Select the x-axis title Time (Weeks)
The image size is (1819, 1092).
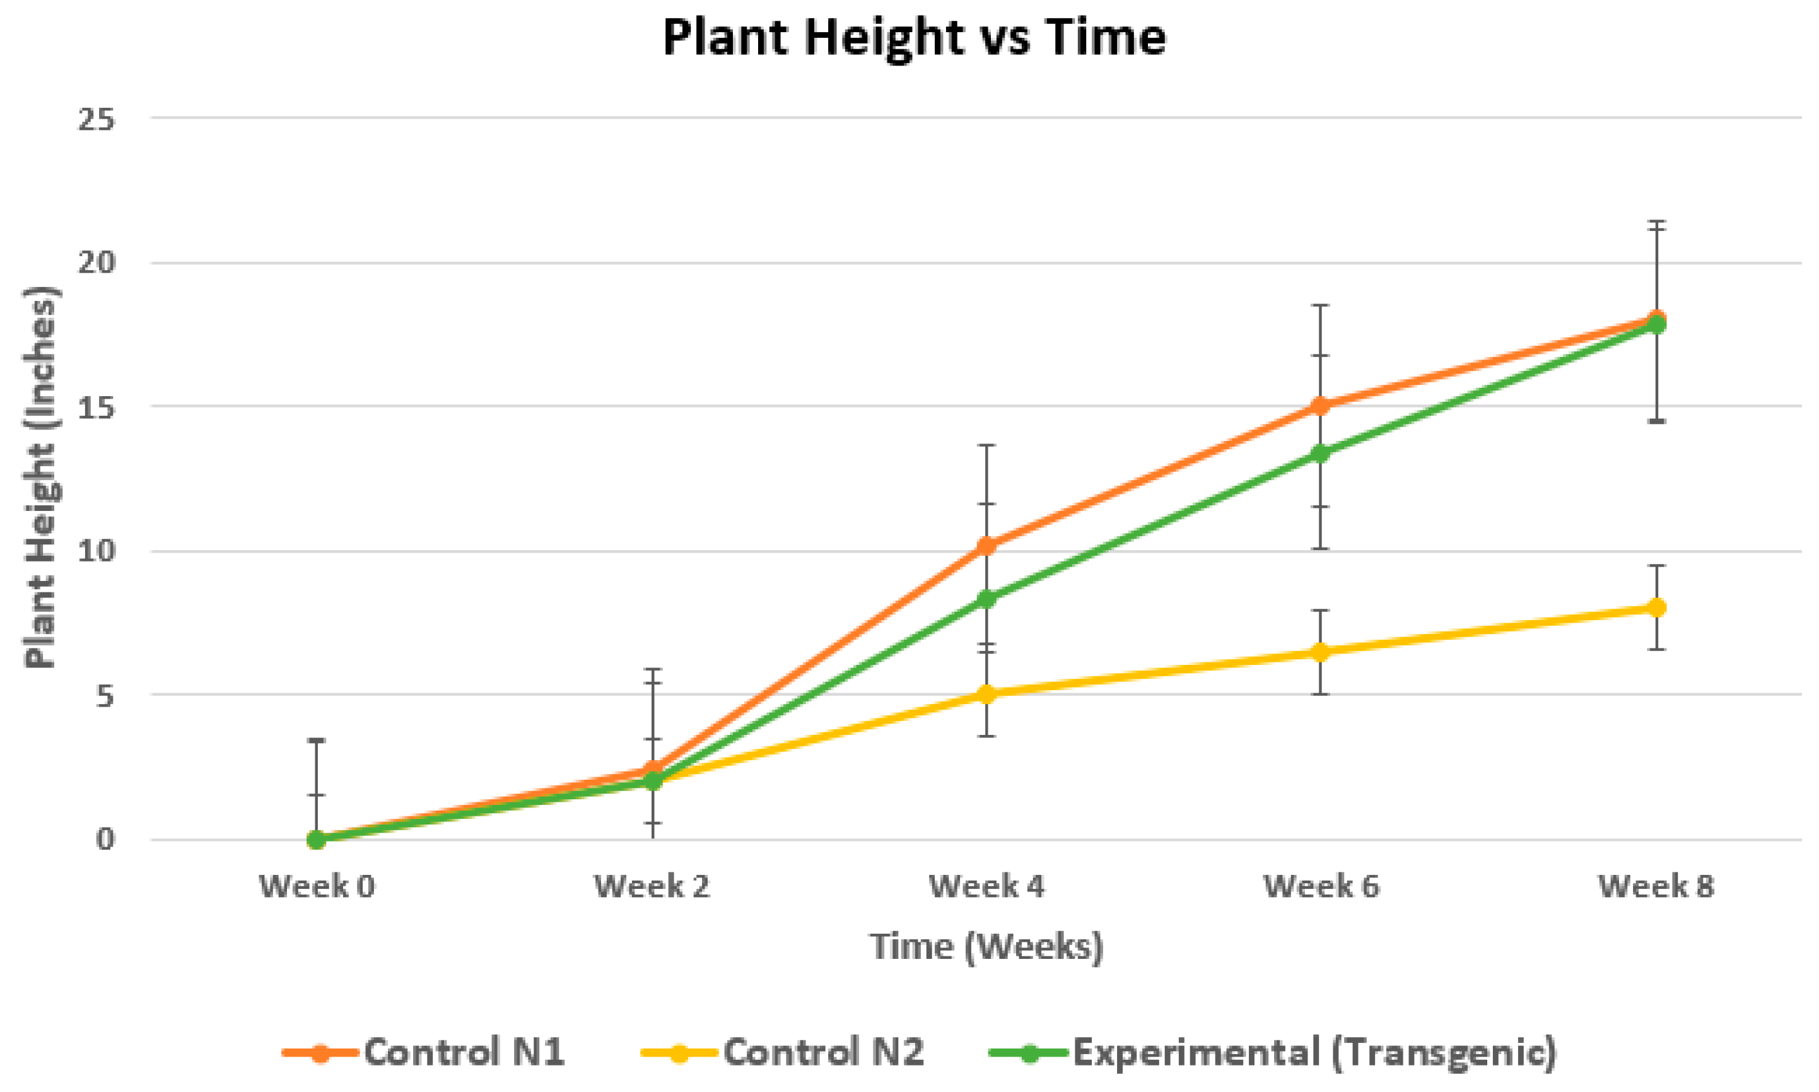(x=986, y=946)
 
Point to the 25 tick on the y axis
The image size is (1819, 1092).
(x=97, y=119)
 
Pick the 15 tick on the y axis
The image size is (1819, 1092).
(x=97, y=406)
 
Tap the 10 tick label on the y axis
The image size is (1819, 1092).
(x=97, y=551)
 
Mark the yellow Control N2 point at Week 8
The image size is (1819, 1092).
(x=1656, y=608)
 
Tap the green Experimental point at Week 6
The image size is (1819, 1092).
(x=1321, y=454)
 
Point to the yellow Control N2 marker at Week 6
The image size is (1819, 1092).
(x=1321, y=652)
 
